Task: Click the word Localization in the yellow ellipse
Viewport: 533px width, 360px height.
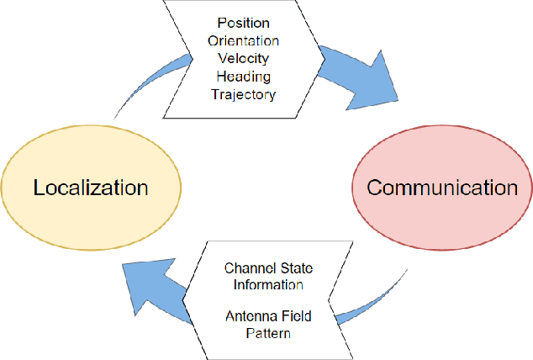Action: click(x=91, y=186)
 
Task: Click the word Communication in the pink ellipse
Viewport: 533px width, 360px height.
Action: click(x=442, y=186)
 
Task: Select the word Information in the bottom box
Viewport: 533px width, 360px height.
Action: click(x=263, y=284)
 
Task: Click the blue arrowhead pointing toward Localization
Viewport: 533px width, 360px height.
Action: click(x=151, y=285)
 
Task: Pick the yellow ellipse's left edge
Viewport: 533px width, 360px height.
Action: click(x=3, y=186)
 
